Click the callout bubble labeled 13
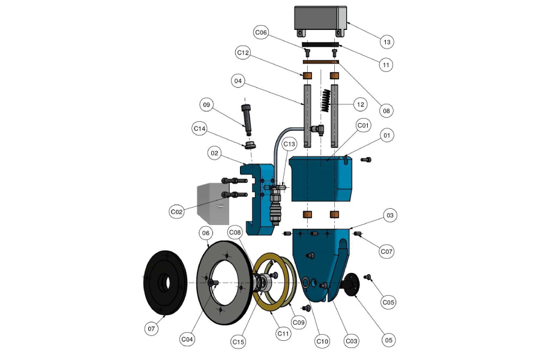pyautogui.click(x=387, y=42)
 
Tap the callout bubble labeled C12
pyautogui.click(x=242, y=53)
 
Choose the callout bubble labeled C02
pyautogui.click(x=176, y=211)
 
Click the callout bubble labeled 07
pyautogui.click(x=152, y=328)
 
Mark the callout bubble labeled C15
pyautogui.click(x=238, y=342)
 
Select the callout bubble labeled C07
pyautogui.click(x=387, y=251)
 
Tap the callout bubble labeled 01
pyautogui.click(x=387, y=136)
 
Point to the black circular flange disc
pyautogui.click(x=164, y=282)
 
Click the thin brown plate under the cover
pyautogui.click(x=321, y=61)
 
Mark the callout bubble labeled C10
pyautogui.click(x=323, y=341)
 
